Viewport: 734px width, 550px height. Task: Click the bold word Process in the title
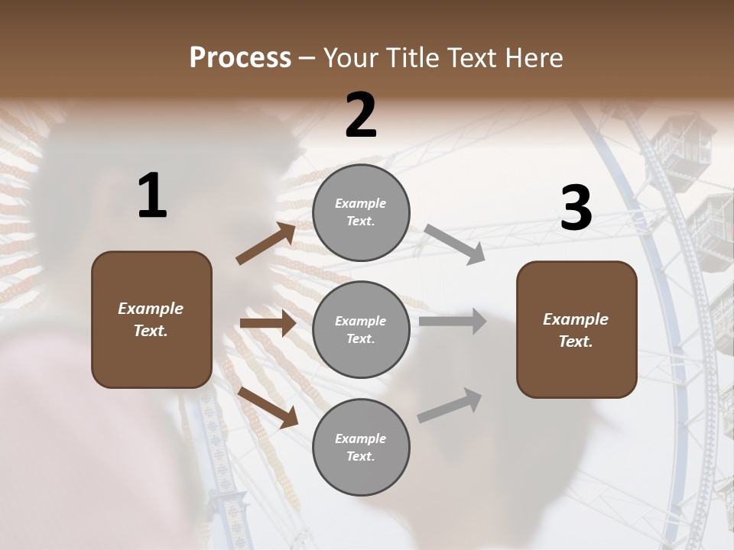[x=240, y=58]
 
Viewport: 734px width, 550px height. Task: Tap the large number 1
[x=152, y=196]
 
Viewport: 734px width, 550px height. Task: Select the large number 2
[x=361, y=115]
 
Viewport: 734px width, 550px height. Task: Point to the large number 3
[x=576, y=209]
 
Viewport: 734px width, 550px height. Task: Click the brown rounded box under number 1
[x=151, y=319]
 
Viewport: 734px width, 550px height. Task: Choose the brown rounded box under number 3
[x=576, y=330]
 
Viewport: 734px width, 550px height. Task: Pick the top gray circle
[x=361, y=212]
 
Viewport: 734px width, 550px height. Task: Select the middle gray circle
[x=361, y=329]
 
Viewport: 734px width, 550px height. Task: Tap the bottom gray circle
[x=361, y=447]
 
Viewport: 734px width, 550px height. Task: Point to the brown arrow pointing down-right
[x=268, y=406]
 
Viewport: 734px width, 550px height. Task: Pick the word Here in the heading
[x=534, y=58]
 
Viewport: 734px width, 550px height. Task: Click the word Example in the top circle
[x=361, y=204]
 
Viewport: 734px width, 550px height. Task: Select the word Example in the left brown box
[x=151, y=309]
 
